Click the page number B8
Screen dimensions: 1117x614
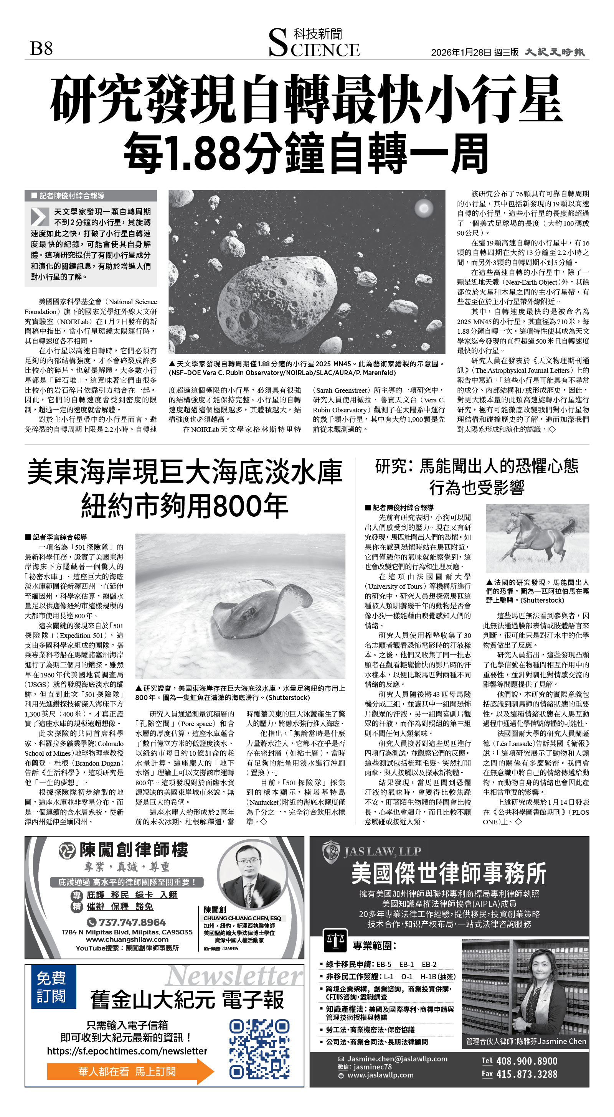(42, 48)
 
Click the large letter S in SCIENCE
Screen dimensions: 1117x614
(278, 43)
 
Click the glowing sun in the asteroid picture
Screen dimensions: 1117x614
(423, 209)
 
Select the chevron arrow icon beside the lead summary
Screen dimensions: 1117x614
(40, 216)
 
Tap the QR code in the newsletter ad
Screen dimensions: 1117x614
(259, 1049)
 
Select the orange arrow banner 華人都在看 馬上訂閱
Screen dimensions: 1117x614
(130, 1071)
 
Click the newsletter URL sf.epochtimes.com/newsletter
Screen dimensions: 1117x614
(127, 1051)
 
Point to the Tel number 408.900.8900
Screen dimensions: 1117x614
(527, 1061)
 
